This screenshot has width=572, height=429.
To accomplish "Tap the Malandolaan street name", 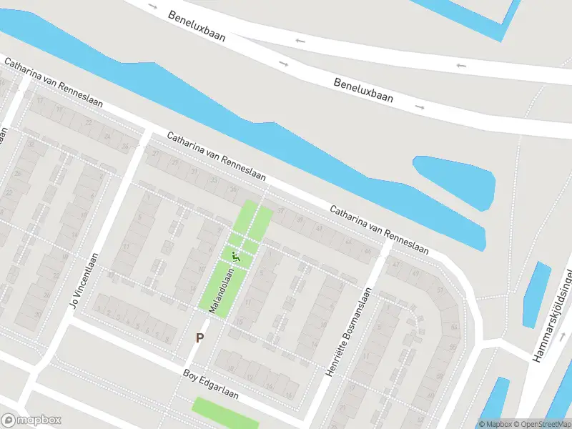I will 222,290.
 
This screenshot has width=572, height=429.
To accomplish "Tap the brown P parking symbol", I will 200,338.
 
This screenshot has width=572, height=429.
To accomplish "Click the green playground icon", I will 235,256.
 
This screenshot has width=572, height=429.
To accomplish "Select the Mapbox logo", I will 31,420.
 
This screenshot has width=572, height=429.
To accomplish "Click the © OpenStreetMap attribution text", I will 541,424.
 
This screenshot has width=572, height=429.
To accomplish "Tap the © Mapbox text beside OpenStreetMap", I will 495,424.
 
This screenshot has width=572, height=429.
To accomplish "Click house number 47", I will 394,264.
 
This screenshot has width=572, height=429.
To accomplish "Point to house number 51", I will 440,290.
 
